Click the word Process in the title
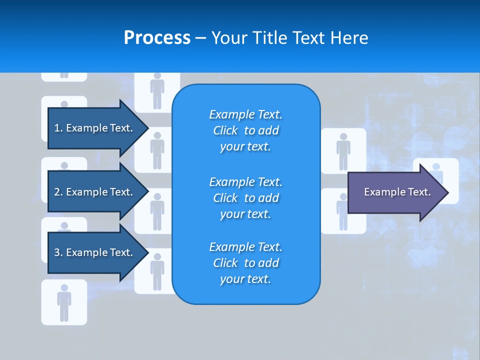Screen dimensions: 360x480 coord(157,38)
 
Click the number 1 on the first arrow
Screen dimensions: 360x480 coord(57,128)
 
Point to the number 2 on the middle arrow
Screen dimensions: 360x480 coord(57,192)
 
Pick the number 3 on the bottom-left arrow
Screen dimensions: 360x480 coord(57,252)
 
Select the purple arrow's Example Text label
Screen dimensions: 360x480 coord(397,192)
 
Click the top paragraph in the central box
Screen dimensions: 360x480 coord(245,130)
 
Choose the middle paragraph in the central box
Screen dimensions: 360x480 coord(245,197)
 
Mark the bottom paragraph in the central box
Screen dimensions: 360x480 coord(245,263)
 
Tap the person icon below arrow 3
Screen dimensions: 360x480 coord(64,302)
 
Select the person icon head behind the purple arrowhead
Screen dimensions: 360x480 coord(436,167)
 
